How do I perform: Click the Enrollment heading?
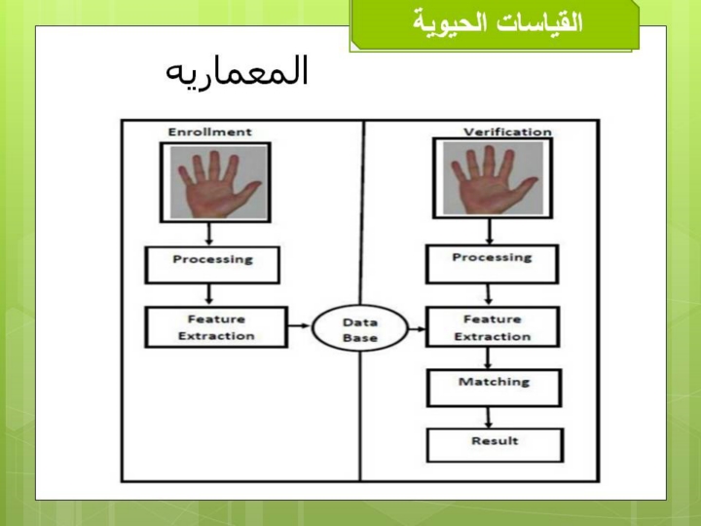click(x=209, y=131)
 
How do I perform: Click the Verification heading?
click(x=507, y=131)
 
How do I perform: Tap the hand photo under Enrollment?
click(x=219, y=182)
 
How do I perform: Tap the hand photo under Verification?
click(x=493, y=178)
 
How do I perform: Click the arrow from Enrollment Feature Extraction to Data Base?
click(x=299, y=325)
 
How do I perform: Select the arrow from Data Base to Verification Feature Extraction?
click(x=417, y=329)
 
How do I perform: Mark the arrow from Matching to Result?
click(x=488, y=417)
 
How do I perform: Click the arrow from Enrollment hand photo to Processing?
click(x=208, y=234)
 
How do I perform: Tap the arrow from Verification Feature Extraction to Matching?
click(x=488, y=357)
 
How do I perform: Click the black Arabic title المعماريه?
click(x=237, y=71)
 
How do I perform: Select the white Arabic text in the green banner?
click(x=498, y=21)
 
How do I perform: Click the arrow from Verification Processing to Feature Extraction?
click(x=488, y=295)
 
